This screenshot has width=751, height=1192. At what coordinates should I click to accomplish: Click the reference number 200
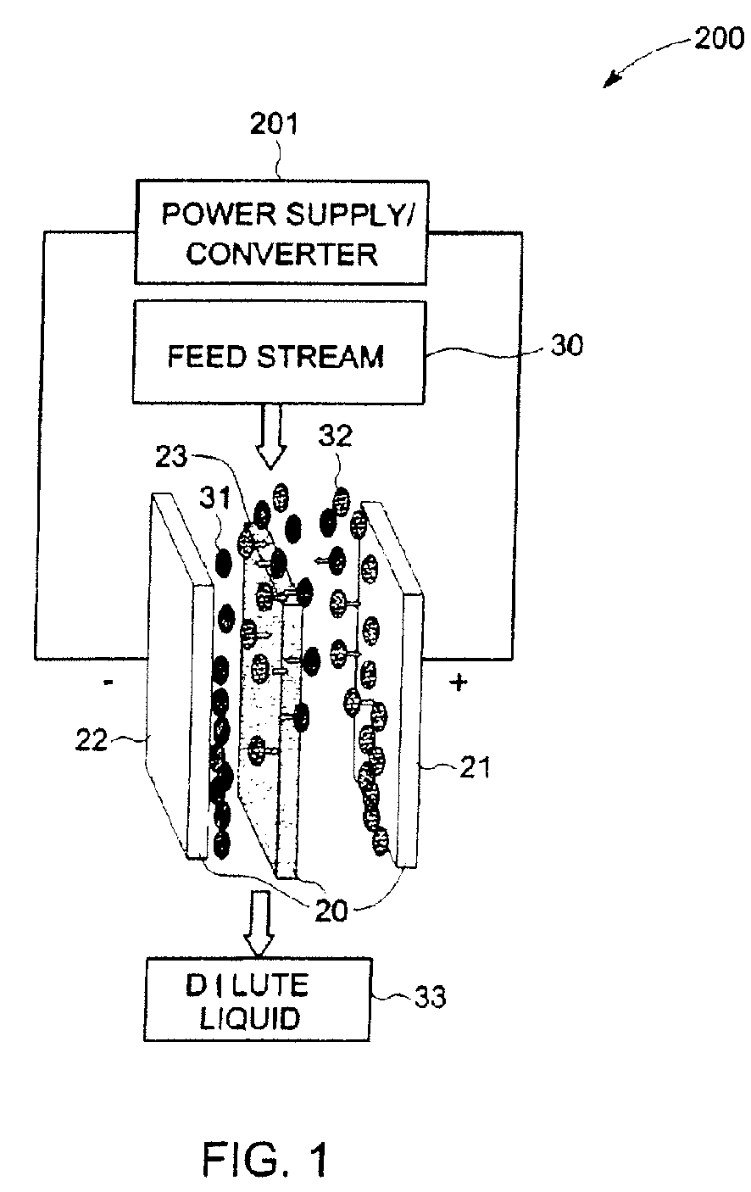[719, 39]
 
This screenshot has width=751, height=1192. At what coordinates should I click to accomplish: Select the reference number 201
[275, 124]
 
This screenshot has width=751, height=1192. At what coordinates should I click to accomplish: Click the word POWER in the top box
[220, 214]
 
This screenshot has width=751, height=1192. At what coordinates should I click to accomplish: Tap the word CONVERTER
[281, 253]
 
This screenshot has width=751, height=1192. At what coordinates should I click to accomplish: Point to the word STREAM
[320, 356]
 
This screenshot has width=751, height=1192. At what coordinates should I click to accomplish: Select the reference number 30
[566, 345]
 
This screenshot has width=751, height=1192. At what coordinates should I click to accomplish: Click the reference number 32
[335, 436]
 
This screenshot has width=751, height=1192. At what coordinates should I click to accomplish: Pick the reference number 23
[171, 456]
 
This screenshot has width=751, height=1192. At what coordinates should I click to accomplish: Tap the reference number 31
[215, 498]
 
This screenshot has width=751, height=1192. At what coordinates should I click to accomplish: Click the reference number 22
[91, 739]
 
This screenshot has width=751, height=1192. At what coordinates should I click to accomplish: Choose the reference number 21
[475, 767]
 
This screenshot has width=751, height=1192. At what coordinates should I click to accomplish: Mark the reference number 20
[331, 911]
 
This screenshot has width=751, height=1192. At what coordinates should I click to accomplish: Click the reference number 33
[430, 997]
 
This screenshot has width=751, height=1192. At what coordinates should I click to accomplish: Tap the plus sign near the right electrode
[459, 682]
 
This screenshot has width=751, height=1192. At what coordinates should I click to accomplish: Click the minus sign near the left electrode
[108, 682]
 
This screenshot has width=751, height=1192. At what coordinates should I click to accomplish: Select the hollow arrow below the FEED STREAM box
[270, 437]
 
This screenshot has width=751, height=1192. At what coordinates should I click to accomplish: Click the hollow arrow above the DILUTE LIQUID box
[259, 924]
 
